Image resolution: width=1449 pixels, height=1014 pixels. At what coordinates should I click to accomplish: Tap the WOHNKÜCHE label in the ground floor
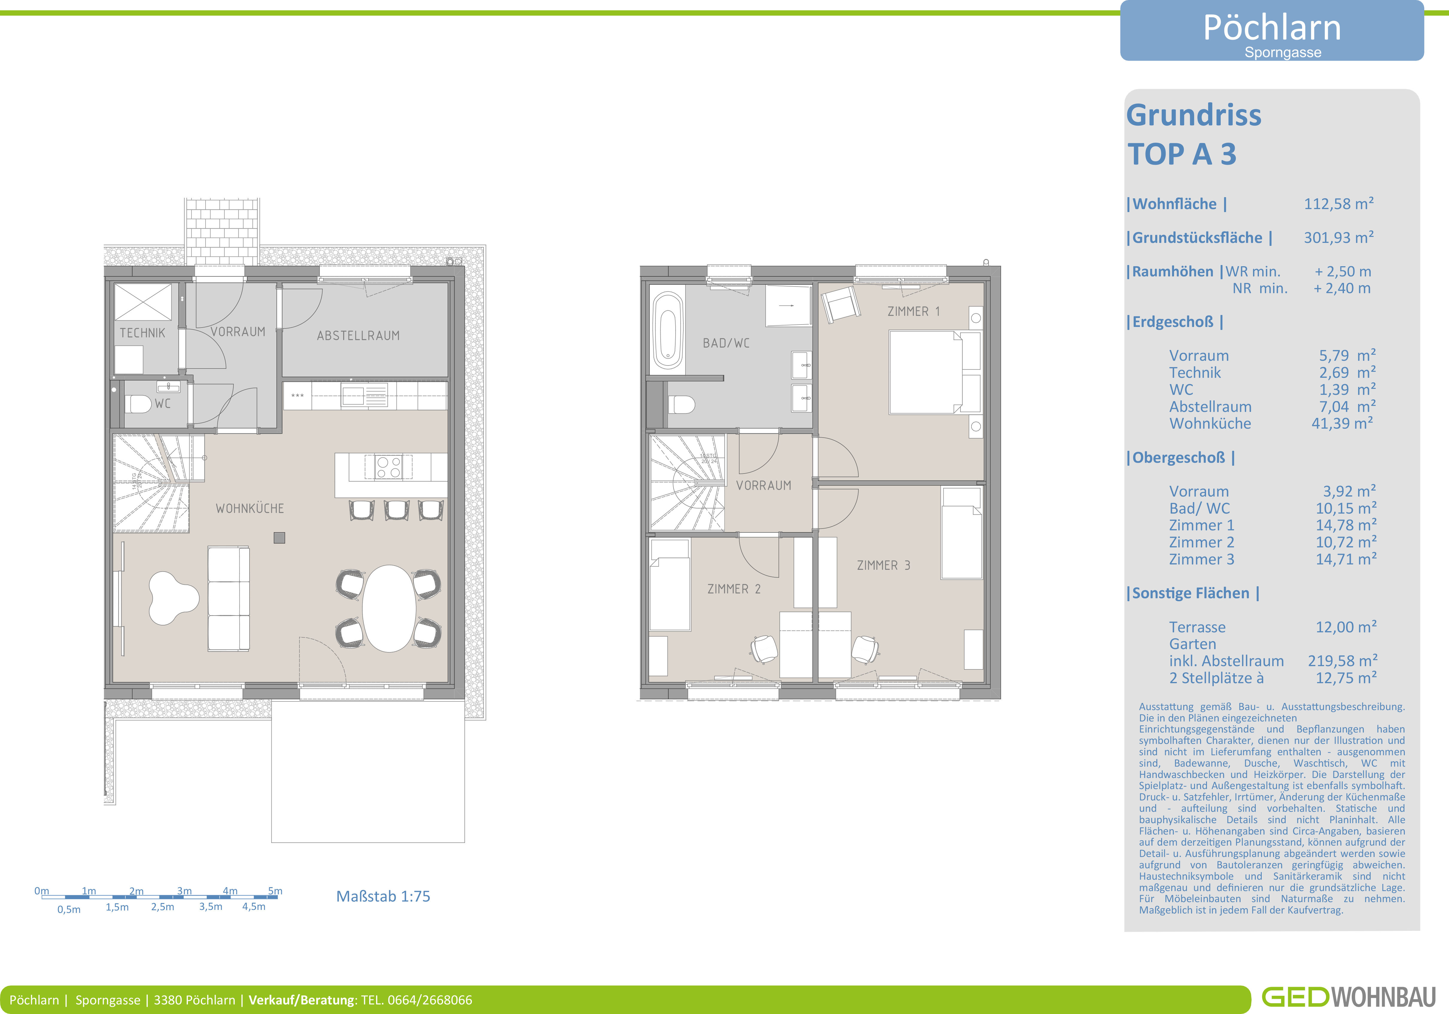[250, 508]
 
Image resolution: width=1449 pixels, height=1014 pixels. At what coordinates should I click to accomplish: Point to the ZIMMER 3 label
[884, 565]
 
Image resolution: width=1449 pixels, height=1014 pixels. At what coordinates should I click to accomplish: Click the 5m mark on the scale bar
[275, 891]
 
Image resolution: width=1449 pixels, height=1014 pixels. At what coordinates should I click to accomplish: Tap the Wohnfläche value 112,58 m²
[1339, 204]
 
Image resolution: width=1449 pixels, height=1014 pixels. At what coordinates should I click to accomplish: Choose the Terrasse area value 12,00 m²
[1345, 627]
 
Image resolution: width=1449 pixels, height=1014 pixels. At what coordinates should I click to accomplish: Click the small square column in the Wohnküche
[279, 538]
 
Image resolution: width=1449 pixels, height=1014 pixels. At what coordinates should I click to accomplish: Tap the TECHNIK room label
[143, 333]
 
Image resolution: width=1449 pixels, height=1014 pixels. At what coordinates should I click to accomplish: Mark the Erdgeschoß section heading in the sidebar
[1174, 322]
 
